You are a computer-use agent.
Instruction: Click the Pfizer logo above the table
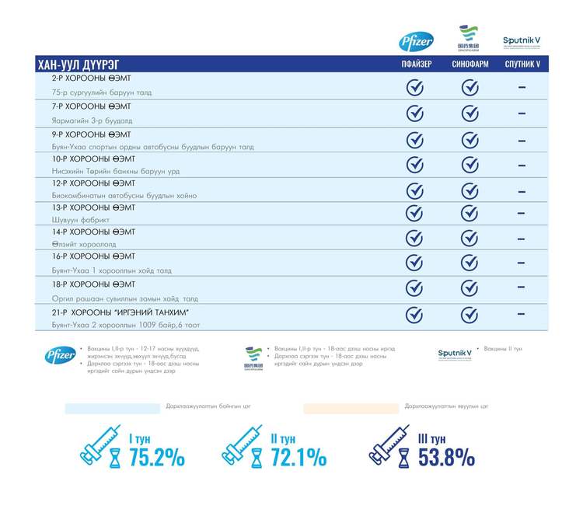(x=417, y=42)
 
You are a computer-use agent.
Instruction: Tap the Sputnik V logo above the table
(x=522, y=41)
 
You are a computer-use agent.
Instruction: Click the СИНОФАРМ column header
(x=470, y=64)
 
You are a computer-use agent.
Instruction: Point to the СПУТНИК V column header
(x=522, y=64)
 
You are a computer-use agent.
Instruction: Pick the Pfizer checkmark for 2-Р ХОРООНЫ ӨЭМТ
(x=415, y=87)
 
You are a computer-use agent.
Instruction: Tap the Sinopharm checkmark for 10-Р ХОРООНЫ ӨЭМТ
(x=470, y=165)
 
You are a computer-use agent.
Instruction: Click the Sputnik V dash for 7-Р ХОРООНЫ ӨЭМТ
(x=522, y=113)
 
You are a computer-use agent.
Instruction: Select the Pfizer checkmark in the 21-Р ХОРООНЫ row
(x=415, y=315)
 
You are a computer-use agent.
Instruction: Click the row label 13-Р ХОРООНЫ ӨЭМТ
(x=93, y=207)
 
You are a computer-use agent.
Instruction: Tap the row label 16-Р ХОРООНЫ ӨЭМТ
(x=93, y=256)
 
